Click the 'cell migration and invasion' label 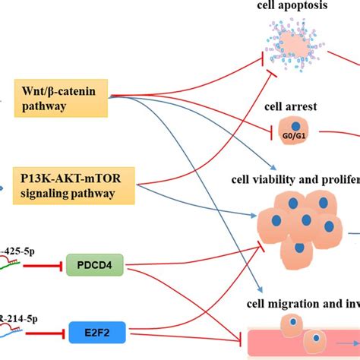(x=301, y=305)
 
